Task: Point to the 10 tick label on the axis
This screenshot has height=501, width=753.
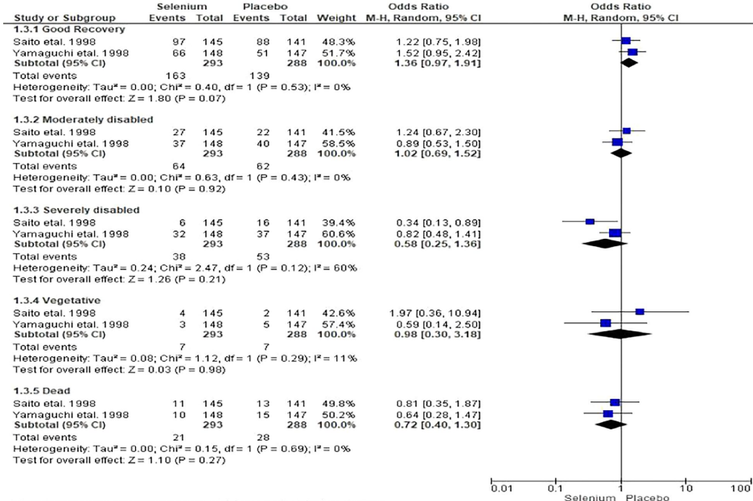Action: (x=685, y=487)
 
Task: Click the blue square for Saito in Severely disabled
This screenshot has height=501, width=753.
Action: (x=590, y=220)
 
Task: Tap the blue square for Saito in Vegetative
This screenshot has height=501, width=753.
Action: (x=640, y=310)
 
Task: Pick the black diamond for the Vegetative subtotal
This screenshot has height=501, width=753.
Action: (x=620, y=333)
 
